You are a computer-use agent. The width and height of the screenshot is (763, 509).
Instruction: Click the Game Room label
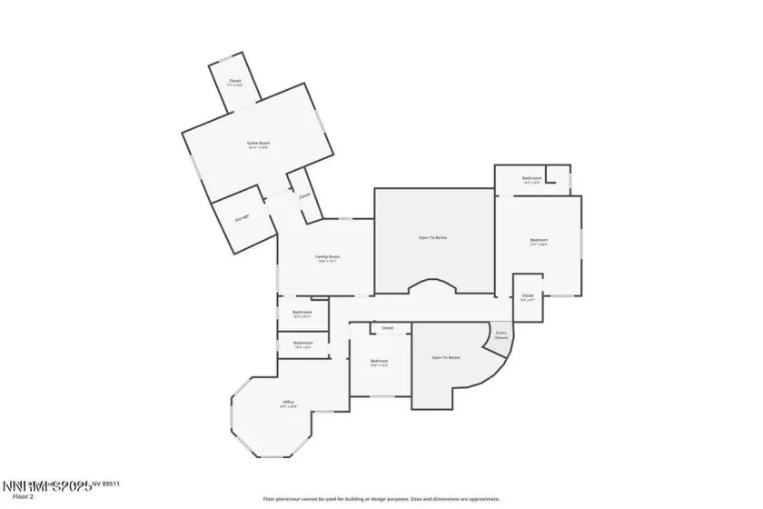[259, 143]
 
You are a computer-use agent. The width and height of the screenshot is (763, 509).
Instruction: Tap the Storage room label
[243, 217]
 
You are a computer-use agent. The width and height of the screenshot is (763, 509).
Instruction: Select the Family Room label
[327, 257]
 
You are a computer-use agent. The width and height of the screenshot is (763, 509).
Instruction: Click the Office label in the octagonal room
[288, 403]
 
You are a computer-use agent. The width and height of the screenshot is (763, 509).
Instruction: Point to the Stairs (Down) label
[500, 334]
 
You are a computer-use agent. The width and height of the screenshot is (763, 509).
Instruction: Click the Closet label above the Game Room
[234, 83]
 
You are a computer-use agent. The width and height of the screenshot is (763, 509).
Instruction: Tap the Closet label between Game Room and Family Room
[304, 195]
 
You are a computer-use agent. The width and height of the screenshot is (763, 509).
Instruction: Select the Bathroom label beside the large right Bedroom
[531, 178]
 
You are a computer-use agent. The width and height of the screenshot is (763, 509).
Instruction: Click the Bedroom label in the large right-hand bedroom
[539, 241]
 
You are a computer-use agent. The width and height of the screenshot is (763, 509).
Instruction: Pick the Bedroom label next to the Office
[380, 362]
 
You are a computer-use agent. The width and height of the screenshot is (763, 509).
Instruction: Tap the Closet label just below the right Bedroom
[528, 296]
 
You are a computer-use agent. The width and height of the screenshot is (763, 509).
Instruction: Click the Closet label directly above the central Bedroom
[387, 327]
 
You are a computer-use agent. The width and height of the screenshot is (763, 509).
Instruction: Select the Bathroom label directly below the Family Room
[302, 313]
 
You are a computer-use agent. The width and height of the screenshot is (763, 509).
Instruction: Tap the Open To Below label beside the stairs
[445, 357]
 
